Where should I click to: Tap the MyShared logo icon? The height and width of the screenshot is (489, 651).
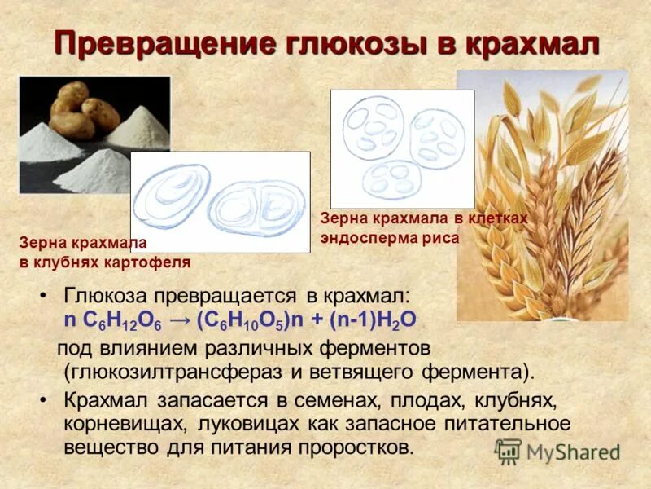click(508, 451)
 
